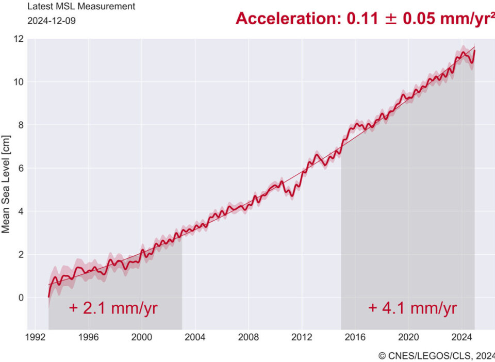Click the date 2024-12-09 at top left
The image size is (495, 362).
47,22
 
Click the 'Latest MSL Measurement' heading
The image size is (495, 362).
81,7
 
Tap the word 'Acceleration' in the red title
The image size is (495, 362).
289,19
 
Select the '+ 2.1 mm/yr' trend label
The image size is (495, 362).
113,308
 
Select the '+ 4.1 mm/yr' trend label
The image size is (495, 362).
412,308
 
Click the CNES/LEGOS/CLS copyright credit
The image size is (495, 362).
436,355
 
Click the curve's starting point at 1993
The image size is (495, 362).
49,297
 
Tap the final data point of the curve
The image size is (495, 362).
474,51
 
